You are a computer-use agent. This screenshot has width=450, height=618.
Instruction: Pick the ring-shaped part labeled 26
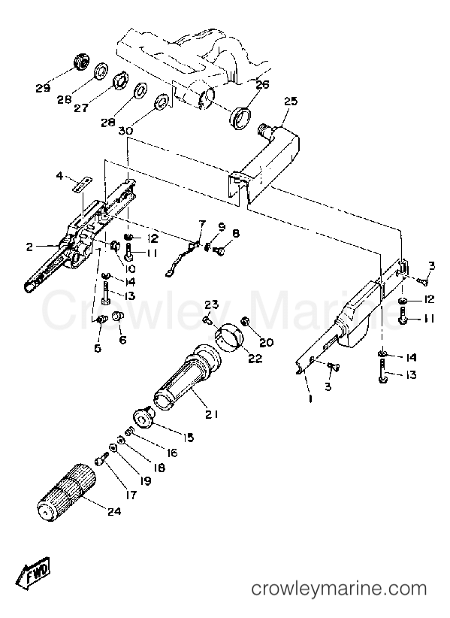[x=240, y=117]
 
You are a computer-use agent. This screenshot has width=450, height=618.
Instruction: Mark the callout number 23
[x=211, y=304]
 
